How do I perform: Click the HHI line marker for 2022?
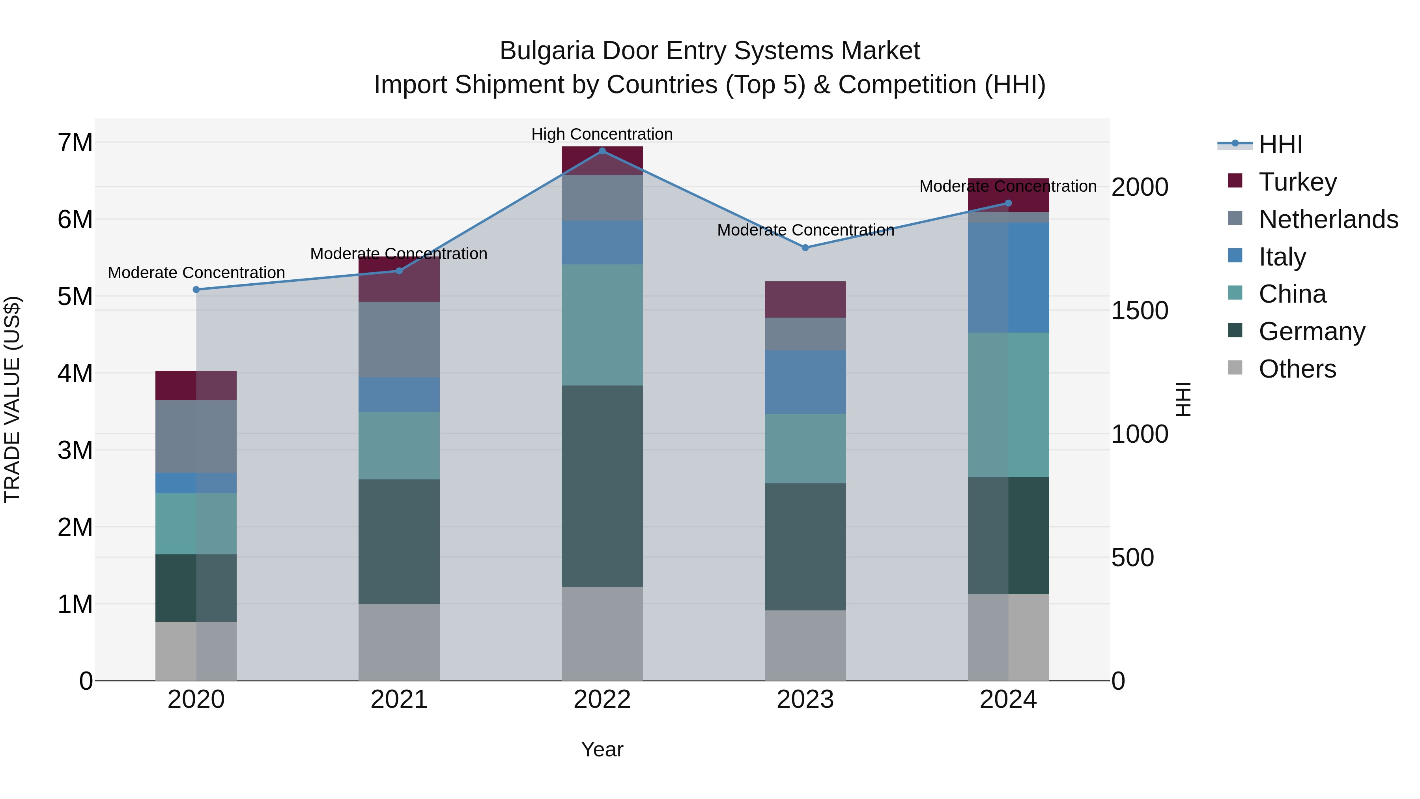coord(602,151)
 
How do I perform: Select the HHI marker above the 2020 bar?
coord(196,290)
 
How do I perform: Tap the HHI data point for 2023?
coord(805,247)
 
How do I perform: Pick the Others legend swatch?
coord(1235,368)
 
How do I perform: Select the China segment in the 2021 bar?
coord(399,445)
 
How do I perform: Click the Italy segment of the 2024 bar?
coord(1008,277)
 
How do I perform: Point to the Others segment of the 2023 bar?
coord(805,645)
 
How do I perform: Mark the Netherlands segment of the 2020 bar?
coord(196,436)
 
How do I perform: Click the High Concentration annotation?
coord(602,134)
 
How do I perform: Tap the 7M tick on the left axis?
coord(75,143)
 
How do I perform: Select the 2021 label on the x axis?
coord(399,700)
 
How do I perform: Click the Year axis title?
coord(602,749)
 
